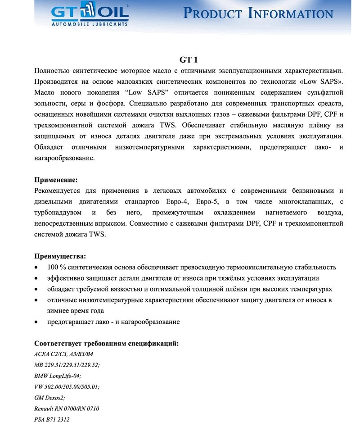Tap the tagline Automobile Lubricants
(x=90, y=25)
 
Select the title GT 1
(x=189, y=59)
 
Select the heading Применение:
(x=56, y=180)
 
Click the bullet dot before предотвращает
(x=36, y=322)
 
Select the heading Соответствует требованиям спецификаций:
(x=107, y=344)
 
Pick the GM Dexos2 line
(x=49, y=398)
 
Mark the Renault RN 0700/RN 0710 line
(x=67, y=409)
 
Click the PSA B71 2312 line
(x=52, y=420)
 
